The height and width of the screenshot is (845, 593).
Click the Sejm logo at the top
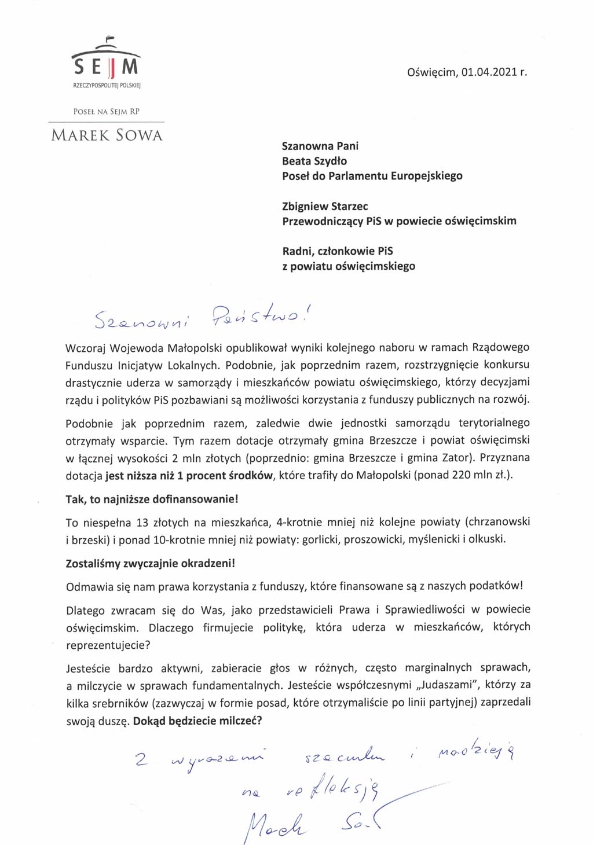(106, 63)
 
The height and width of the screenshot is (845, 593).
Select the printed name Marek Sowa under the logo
(107, 135)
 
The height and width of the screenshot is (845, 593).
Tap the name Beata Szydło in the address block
(314, 161)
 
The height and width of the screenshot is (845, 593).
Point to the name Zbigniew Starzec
(325, 206)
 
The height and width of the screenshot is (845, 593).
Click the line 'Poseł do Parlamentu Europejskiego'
(372, 176)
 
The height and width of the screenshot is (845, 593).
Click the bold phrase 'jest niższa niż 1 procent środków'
(189, 475)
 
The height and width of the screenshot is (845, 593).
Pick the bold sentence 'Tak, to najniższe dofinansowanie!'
(152, 499)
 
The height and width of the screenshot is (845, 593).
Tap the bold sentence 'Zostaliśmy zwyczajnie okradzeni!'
(151, 563)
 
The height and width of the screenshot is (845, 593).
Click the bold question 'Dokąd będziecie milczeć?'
(197, 721)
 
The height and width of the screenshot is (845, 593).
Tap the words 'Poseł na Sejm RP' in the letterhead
(107, 112)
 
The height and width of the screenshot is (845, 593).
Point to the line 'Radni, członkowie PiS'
(337, 251)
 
